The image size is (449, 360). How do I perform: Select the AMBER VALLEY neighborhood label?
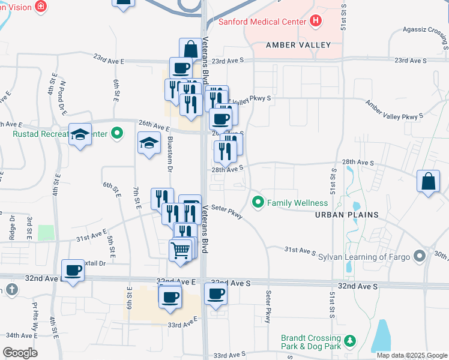[299, 45]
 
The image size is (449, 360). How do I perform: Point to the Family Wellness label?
[298, 203]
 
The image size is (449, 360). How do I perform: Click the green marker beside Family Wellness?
[259, 202]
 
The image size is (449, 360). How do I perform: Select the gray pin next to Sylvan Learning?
[420, 256]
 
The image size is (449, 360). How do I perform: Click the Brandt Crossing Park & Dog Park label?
[311, 342]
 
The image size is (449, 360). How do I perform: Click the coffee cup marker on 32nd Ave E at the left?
[73, 271]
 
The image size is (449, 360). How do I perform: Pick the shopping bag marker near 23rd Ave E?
[190, 49]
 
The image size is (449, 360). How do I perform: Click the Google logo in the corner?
[19, 352]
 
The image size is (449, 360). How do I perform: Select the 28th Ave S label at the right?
[358, 163]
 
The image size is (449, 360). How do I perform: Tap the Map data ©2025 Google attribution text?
[411, 355]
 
